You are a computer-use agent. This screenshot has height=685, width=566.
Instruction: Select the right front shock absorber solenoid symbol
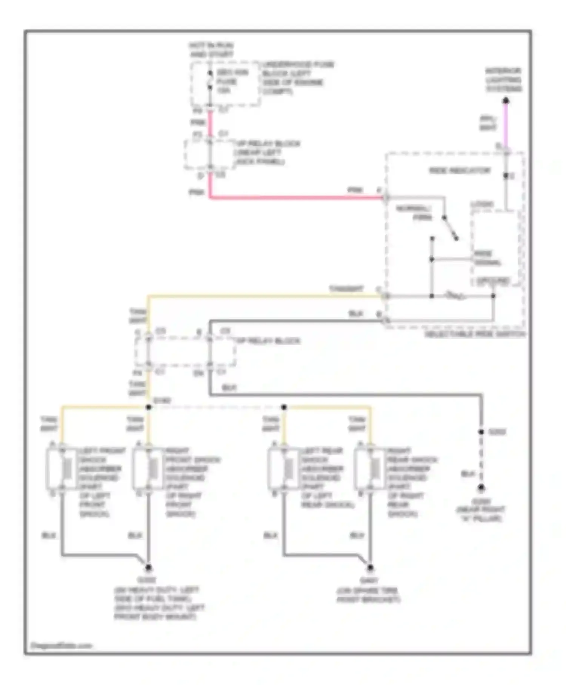[x=149, y=469]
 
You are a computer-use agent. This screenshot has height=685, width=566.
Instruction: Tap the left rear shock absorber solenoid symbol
[x=285, y=469]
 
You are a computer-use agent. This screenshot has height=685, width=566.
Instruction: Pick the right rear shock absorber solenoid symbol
[x=371, y=469]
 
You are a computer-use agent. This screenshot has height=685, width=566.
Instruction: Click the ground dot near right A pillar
[x=481, y=488]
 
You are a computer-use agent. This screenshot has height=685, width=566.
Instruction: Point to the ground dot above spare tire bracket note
[x=370, y=568]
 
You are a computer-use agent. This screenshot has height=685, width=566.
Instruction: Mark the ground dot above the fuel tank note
[x=148, y=568]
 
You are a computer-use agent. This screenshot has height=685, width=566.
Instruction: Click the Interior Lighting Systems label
[x=503, y=80]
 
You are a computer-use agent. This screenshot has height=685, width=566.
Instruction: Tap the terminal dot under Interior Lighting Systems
[x=506, y=101]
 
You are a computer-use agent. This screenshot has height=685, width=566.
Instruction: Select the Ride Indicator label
[x=460, y=171]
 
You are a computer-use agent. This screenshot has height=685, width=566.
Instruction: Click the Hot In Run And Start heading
[x=211, y=50]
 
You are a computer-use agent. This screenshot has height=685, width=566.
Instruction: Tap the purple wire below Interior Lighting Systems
[x=506, y=125]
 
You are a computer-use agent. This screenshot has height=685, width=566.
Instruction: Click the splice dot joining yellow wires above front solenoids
[x=149, y=407]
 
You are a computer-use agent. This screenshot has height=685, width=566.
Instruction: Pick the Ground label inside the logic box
[x=493, y=281]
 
